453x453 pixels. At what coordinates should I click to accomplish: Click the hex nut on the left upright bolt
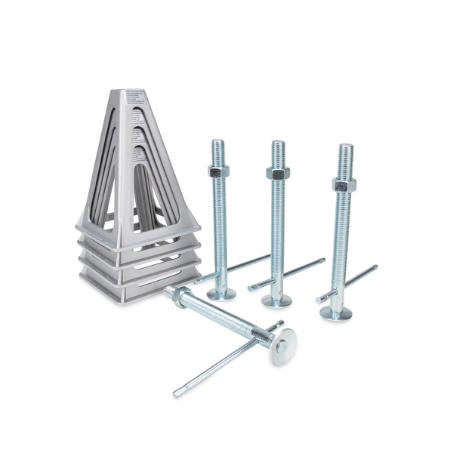219,171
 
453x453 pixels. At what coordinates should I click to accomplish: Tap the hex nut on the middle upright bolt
278,173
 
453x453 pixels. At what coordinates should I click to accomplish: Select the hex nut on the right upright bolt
344,184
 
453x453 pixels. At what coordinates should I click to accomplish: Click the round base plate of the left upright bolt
221,294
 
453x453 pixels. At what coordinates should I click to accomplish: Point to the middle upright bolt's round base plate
277,300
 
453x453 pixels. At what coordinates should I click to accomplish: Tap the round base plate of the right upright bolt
335,313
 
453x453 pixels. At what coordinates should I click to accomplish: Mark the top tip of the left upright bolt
218,142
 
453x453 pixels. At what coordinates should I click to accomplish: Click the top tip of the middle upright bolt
278,143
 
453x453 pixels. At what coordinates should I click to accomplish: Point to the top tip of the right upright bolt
345,146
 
